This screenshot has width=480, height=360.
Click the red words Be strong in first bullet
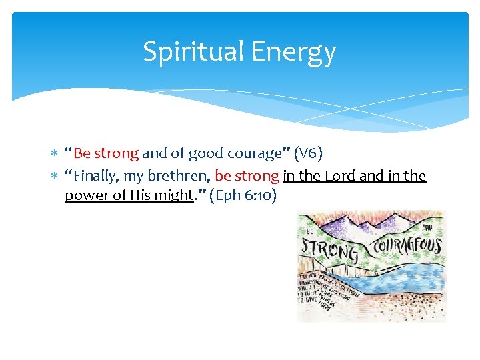point(106,153)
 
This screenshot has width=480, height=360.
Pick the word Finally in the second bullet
point(97,176)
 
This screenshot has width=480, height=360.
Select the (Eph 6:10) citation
point(243,196)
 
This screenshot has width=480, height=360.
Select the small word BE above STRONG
point(309,231)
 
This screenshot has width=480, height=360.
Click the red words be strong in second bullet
point(247,176)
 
